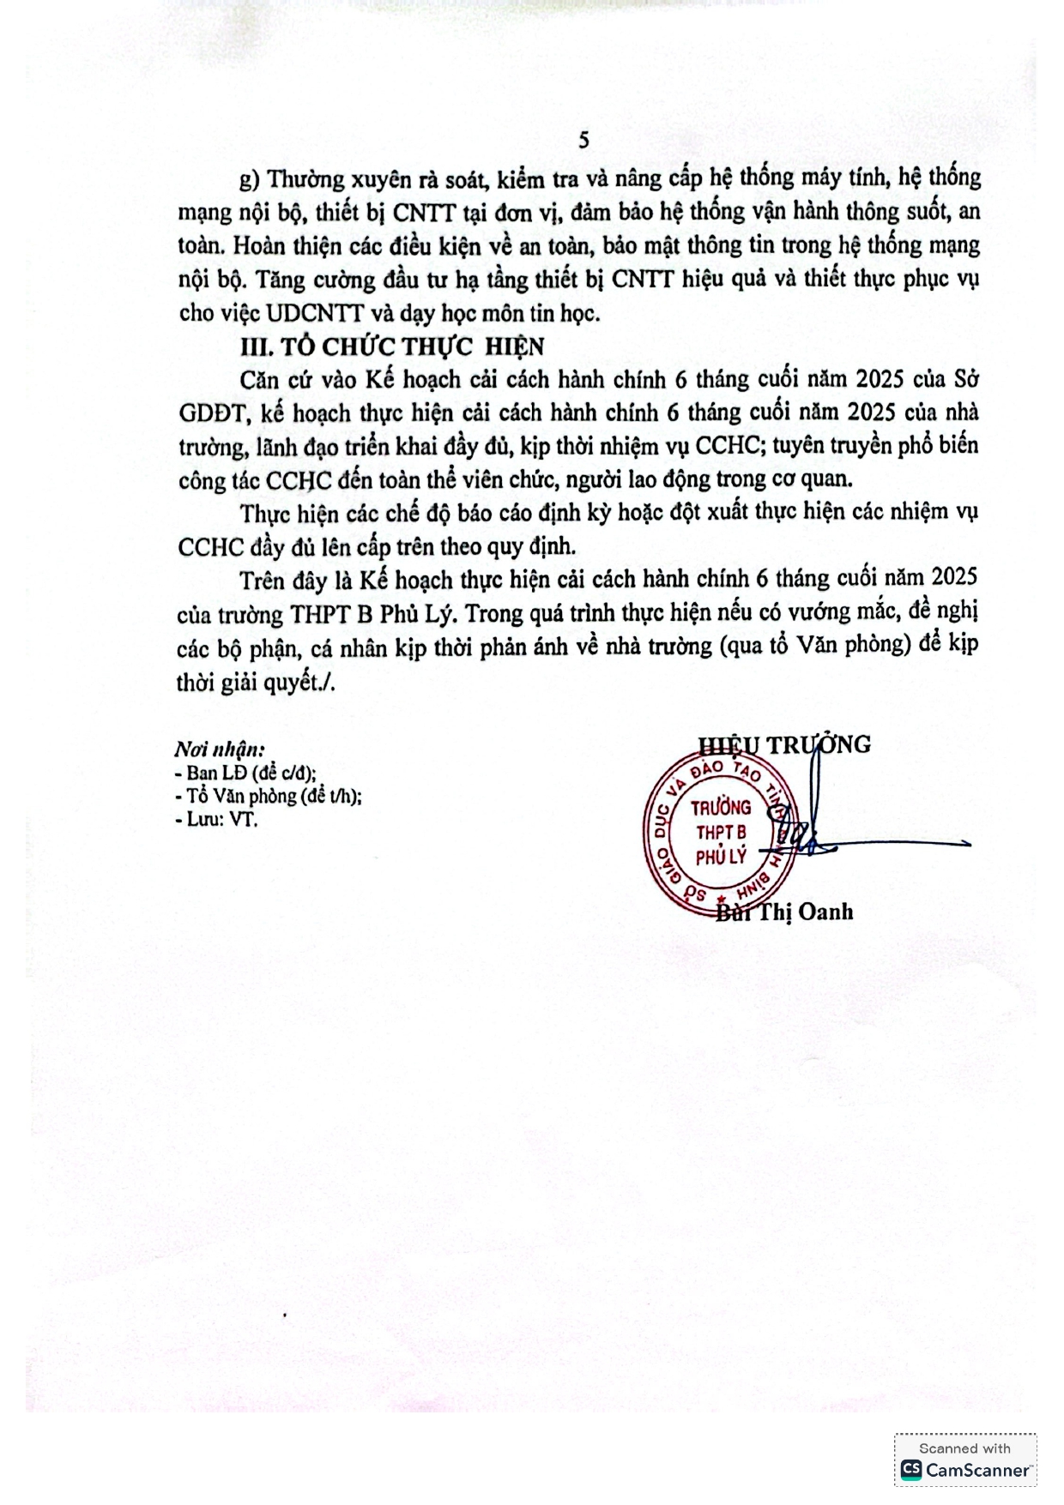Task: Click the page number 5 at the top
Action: tap(583, 141)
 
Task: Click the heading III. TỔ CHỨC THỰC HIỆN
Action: tap(391, 346)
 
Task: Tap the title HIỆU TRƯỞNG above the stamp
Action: tap(784, 744)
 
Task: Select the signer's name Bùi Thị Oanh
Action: tap(784, 911)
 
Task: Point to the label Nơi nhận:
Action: tap(220, 749)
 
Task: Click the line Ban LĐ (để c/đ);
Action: tap(245, 773)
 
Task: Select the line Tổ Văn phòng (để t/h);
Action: tap(268, 796)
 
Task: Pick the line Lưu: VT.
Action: tap(216, 819)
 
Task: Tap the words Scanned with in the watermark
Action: tap(964, 1448)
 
